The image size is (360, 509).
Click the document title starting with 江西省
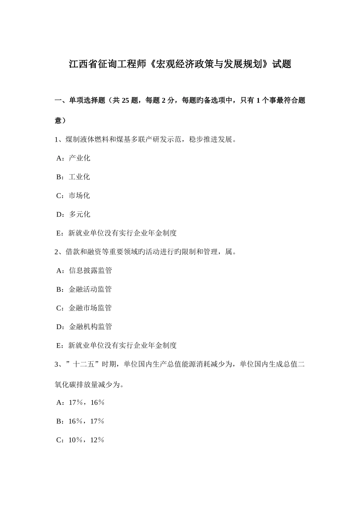[x=180, y=64]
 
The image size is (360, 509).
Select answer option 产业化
[x=79, y=158]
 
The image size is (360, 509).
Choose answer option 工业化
[x=79, y=177]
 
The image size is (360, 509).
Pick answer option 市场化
[x=79, y=195]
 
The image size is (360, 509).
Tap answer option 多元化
[x=80, y=214]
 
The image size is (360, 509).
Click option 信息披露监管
[x=90, y=270]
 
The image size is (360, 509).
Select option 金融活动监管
[x=90, y=289]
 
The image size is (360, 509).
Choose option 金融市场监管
[x=90, y=308]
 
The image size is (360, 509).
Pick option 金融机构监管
[x=90, y=326]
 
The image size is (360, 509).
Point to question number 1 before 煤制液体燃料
[x=57, y=139]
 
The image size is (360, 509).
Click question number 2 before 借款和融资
[x=57, y=252]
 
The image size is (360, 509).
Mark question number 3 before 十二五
[x=57, y=365]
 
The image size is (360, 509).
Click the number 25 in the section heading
[x=127, y=100]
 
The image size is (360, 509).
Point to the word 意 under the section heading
[x=58, y=121]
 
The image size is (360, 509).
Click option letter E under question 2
[x=59, y=345]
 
